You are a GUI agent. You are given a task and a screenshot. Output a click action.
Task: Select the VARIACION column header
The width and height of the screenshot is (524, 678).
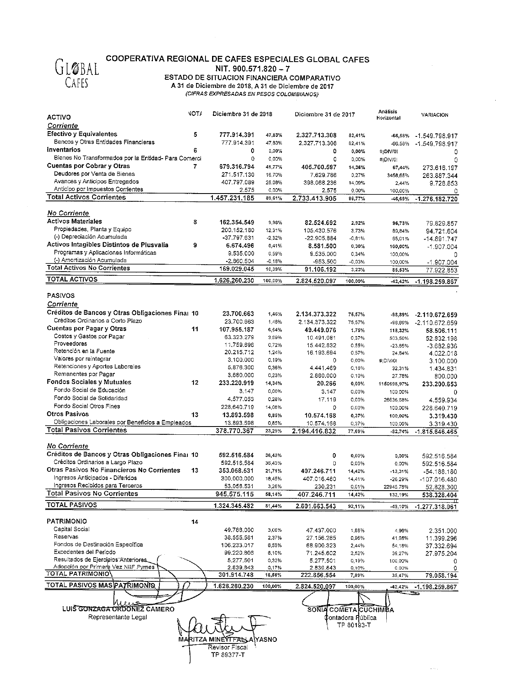(434, 115)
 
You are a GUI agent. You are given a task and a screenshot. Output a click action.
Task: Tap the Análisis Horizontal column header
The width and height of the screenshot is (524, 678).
(388, 115)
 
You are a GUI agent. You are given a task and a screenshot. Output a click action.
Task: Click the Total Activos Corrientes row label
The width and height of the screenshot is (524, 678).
(86, 197)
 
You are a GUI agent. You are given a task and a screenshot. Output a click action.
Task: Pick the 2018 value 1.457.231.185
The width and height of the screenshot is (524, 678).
(232, 198)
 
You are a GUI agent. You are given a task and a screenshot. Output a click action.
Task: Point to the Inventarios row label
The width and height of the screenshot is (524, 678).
(64, 150)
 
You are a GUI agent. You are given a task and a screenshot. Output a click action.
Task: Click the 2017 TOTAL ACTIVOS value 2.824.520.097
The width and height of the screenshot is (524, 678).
(316, 281)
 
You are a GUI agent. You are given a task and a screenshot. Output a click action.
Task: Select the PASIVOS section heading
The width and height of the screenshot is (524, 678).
(61, 295)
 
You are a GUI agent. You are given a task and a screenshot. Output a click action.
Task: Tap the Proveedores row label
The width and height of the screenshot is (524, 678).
(70, 344)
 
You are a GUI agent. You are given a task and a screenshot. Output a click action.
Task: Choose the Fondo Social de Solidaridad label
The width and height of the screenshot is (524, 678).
(90, 398)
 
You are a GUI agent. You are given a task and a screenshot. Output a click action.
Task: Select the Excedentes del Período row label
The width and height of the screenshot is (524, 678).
(85, 552)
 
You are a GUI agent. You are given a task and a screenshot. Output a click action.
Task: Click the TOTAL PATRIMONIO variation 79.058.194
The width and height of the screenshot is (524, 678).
(436, 576)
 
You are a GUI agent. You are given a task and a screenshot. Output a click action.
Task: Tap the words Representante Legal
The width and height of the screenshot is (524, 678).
(117, 617)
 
